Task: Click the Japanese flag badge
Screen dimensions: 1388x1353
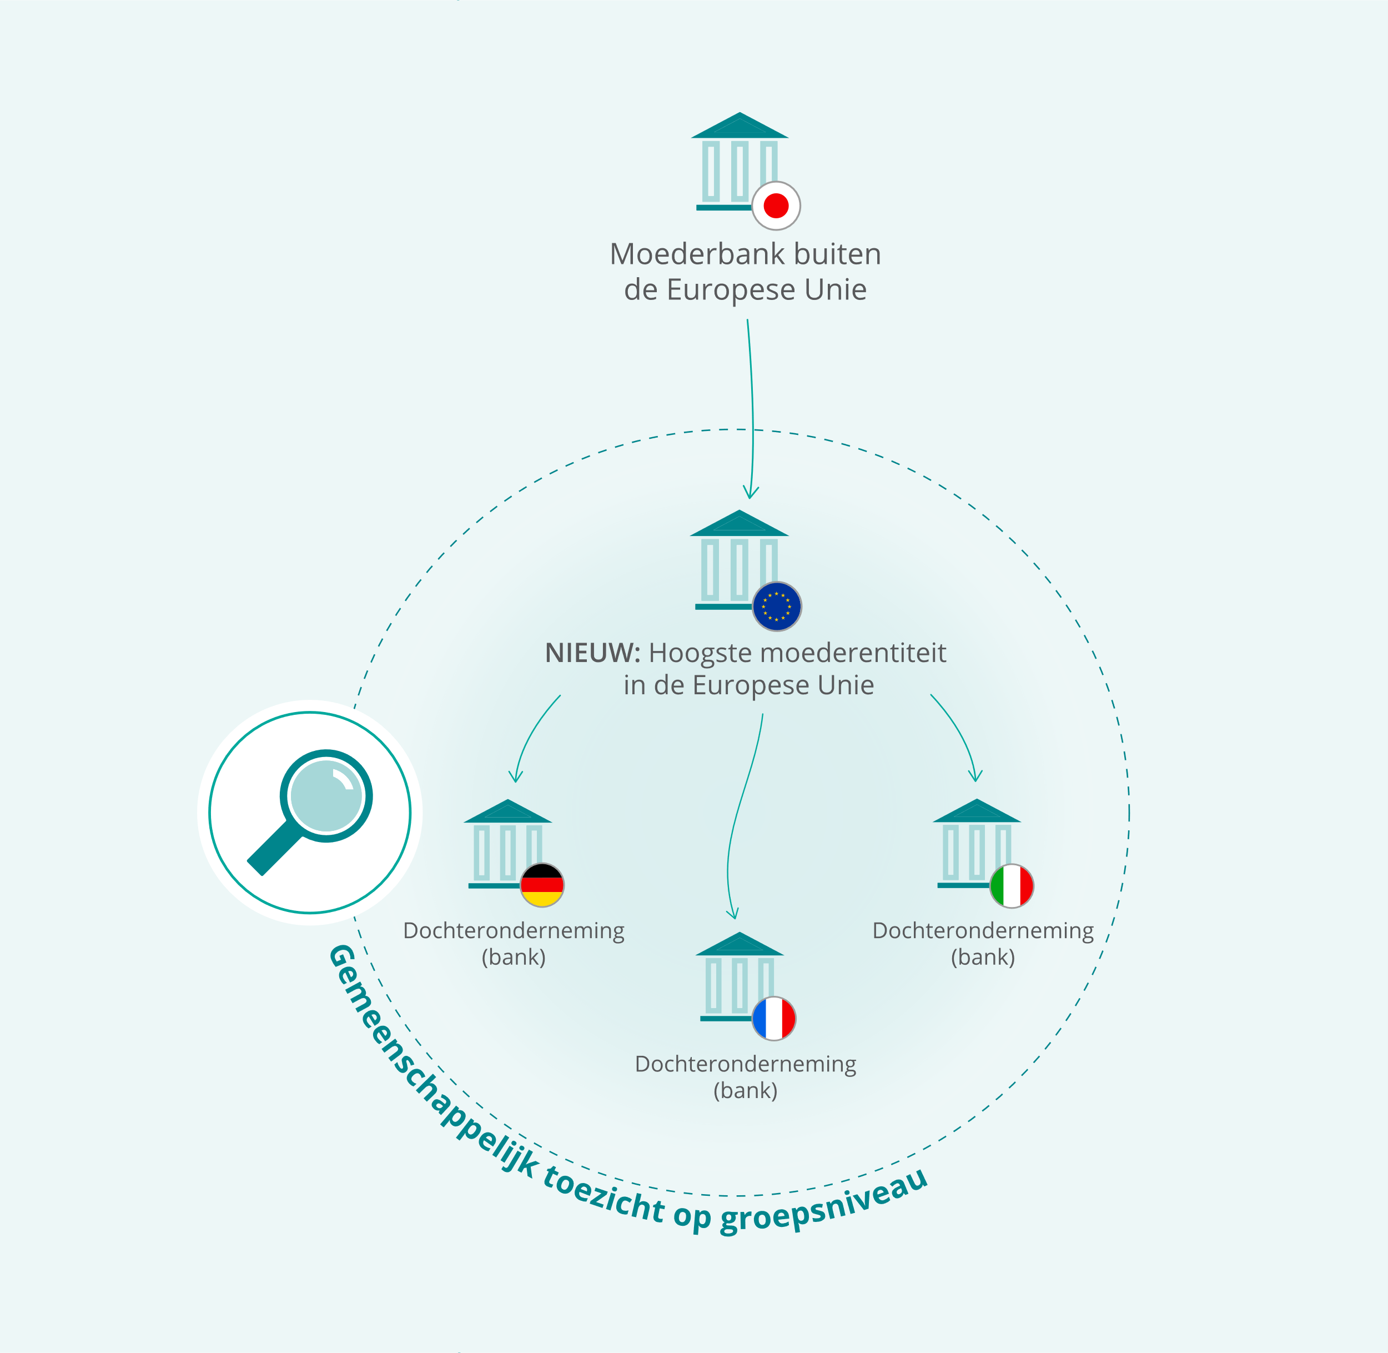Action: click(776, 206)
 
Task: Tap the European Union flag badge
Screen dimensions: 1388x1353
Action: click(777, 606)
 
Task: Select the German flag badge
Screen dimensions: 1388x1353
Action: click(542, 885)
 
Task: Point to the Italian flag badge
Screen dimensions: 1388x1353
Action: click(1012, 886)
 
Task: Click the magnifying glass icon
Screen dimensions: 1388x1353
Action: click(310, 812)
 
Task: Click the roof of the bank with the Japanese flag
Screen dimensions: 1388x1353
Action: click(740, 126)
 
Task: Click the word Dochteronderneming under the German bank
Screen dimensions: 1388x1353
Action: click(514, 931)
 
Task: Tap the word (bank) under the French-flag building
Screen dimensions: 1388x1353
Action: click(745, 1090)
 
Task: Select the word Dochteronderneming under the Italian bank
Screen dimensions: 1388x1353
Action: click(983, 931)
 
